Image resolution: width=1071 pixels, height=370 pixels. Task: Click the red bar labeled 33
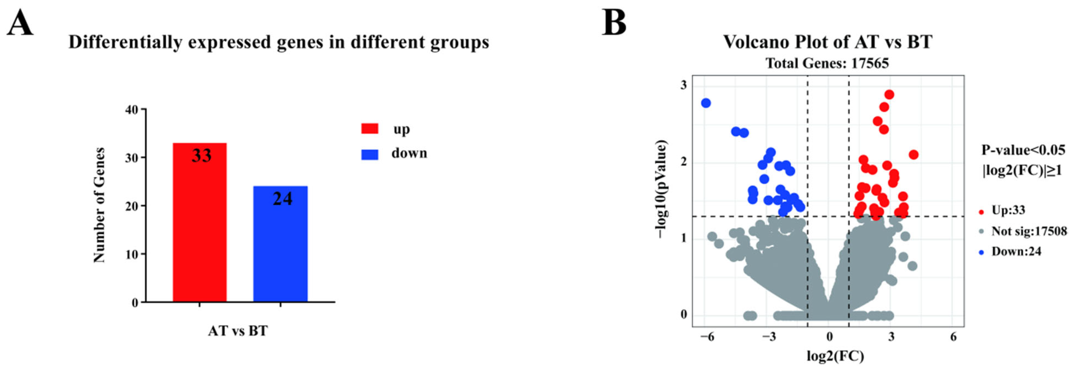200,222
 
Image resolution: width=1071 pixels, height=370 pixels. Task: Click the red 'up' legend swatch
370,129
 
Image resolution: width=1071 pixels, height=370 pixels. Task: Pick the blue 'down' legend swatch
370,154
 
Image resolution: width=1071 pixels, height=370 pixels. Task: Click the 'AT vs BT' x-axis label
238,331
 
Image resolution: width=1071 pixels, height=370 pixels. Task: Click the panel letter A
20,23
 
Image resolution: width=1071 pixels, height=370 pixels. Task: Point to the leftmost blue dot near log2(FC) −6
706,103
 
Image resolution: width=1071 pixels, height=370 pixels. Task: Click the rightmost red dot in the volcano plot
913,155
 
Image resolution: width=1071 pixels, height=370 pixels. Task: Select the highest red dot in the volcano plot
889,95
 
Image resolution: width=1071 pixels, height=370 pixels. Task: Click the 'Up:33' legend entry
1008,210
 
